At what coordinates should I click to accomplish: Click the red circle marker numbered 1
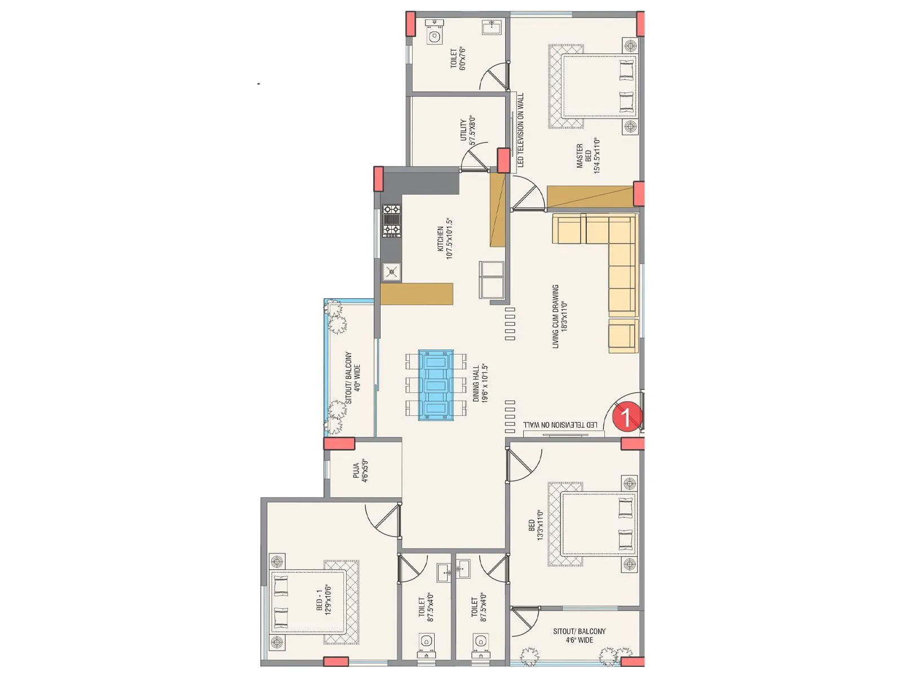tap(625, 417)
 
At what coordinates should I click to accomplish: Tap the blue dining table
tap(436, 385)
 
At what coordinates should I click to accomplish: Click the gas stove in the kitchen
tap(392, 221)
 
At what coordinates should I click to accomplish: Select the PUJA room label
tap(360, 472)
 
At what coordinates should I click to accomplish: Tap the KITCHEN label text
tap(445, 238)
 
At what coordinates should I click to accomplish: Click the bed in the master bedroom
tap(599, 86)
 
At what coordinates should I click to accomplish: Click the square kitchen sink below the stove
tap(391, 272)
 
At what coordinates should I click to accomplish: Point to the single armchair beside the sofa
tap(623, 336)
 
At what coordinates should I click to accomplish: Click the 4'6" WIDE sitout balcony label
tap(579, 635)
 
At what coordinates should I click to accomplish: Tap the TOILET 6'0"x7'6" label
tap(458, 59)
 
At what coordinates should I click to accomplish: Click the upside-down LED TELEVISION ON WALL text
tap(560, 425)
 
